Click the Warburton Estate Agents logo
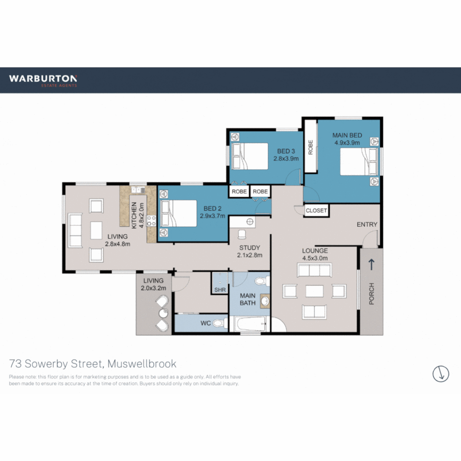coord(43,80)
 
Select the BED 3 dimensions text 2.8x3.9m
coord(286,158)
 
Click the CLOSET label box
coord(316,210)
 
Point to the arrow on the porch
coord(371,265)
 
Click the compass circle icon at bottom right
coord(441,373)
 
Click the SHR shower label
coord(220,290)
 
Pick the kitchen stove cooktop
coord(152,220)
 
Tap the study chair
coord(242,234)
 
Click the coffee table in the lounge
coord(315,291)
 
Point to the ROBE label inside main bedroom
coord(310,147)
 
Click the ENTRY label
coord(367,225)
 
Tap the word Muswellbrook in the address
coord(142,364)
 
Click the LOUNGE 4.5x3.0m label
coord(315,254)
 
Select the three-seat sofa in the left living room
coord(75,230)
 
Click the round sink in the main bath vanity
coord(265,301)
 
